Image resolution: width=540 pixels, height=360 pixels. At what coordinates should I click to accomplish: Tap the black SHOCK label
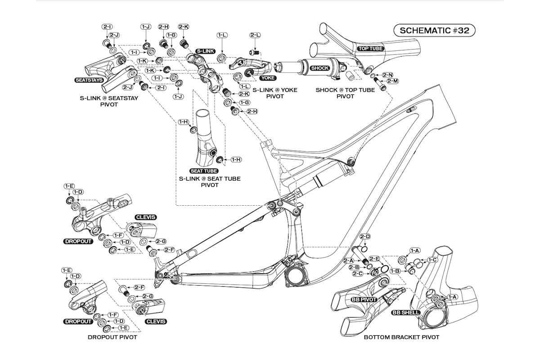[319, 68]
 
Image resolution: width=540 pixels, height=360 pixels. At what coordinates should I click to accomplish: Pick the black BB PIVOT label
[363, 298]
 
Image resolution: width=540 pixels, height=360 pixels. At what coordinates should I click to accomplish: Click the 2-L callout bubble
[255, 35]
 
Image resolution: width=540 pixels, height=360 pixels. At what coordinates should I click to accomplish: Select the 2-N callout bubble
[388, 74]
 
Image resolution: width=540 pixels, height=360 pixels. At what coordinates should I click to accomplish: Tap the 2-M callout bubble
[393, 81]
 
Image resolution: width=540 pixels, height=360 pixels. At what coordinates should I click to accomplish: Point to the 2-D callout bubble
[364, 237]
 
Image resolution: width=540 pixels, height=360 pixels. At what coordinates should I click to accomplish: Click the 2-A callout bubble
[348, 261]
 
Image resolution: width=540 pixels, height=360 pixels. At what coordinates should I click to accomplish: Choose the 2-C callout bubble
[358, 274]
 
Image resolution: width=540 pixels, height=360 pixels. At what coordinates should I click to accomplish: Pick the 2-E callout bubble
[374, 259]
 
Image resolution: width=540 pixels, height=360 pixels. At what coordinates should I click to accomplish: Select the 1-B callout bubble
[396, 271]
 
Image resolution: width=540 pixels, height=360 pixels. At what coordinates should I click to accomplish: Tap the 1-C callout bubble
[432, 260]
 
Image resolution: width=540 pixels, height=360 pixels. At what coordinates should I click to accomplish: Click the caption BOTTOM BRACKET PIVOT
[401, 337]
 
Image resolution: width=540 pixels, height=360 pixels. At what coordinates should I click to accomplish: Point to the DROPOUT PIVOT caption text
[112, 337]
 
